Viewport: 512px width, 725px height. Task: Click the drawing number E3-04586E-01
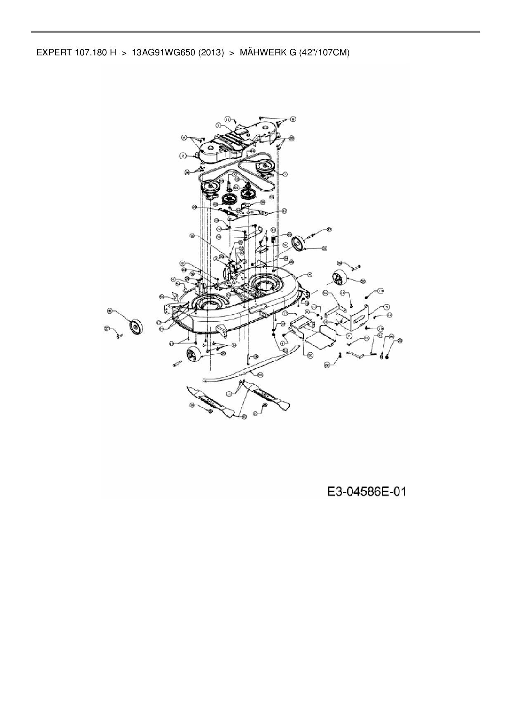[x=367, y=491]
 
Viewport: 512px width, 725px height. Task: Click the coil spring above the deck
[x=273, y=239]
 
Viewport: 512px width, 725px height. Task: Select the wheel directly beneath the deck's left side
[x=193, y=355]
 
